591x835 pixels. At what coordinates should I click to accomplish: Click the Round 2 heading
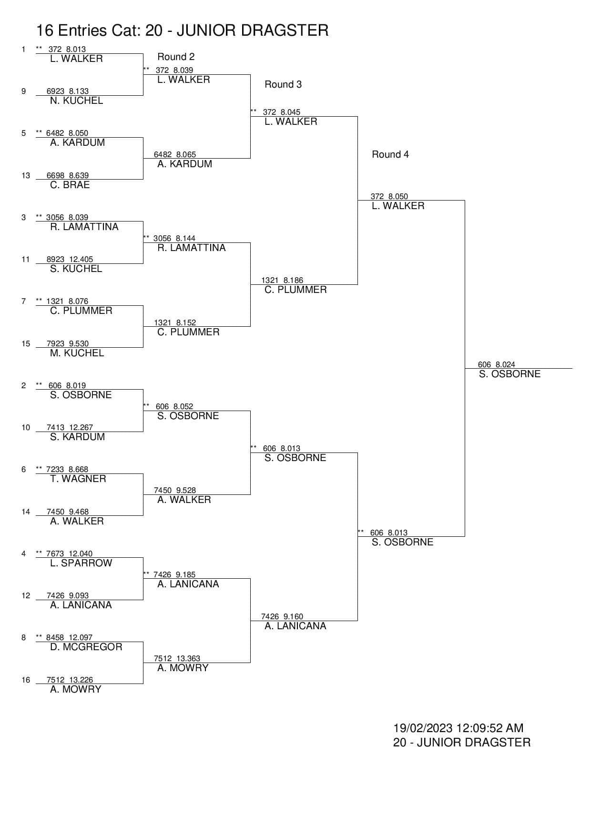click(x=176, y=57)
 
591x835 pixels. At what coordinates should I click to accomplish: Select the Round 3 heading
click(x=283, y=84)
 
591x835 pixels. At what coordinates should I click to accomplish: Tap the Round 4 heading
click(x=390, y=154)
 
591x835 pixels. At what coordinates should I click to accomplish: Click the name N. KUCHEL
click(x=76, y=101)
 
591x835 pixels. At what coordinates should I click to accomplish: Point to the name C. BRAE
click(x=70, y=185)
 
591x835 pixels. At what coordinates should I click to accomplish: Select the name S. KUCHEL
click(x=76, y=269)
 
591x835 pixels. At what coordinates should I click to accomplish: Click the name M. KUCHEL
click(x=77, y=353)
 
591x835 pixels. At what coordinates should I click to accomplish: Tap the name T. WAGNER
click(x=78, y=479)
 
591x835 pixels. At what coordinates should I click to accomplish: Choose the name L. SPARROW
click(x=81, y=563)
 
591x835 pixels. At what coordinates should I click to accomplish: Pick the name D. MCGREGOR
click(x=86, y=647)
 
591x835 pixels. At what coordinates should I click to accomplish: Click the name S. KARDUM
click(x=77, y=437)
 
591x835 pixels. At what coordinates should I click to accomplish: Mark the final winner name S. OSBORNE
click(x=509, y=374)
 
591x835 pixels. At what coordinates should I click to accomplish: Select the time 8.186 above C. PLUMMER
click(x=293, y=280)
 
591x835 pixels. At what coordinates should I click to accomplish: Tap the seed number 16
click(x=26, y=680)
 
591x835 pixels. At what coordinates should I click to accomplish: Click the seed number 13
click(x=26, y=175)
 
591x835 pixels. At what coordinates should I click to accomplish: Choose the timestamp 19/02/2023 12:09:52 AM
click(x=458, y=728)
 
